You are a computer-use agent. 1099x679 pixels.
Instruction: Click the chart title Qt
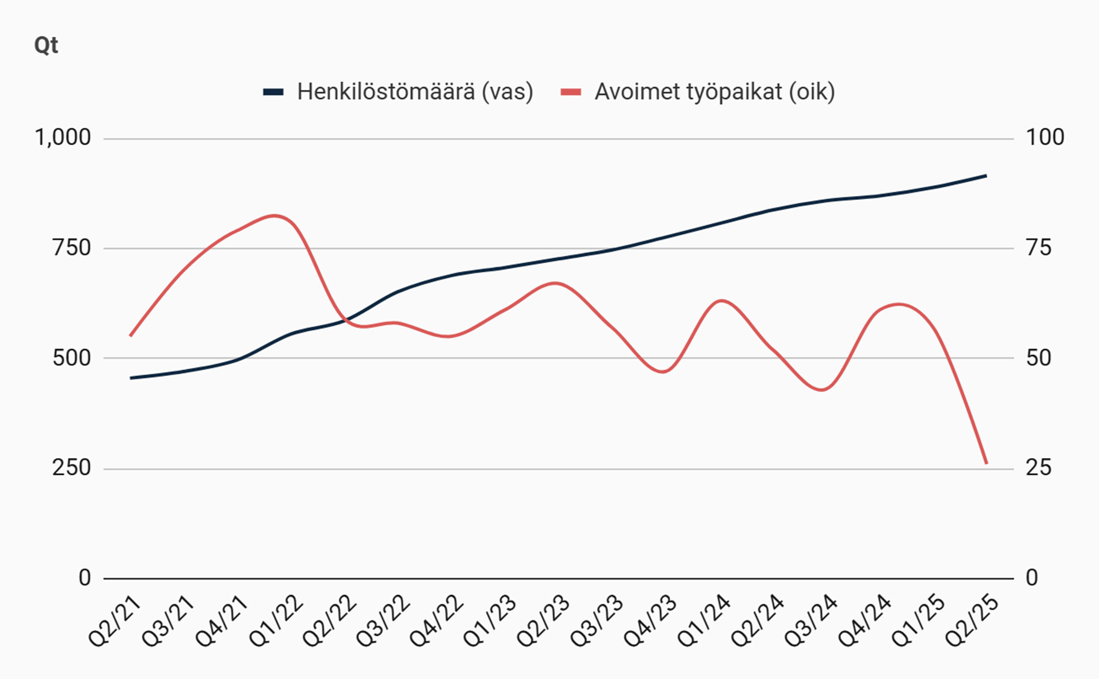click(46, 45)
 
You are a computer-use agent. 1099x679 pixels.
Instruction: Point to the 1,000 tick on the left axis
click(63, 138)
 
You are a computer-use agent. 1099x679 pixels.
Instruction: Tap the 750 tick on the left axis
click(71, 247)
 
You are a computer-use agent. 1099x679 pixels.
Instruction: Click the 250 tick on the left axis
click(71, 468)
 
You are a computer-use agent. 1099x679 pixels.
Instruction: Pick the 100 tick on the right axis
click(1045, 138)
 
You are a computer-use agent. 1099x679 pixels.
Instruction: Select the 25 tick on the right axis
click(1038, 468)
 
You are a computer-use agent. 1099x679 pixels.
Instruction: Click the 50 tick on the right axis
click(1038, 358)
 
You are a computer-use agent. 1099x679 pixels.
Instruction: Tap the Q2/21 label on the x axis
click(115, 622)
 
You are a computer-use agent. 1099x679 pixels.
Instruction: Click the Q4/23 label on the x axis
click(650, 622)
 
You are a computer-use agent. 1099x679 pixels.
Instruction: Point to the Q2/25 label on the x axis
click(971, 622)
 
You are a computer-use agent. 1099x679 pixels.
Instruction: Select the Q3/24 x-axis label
click(810, 622)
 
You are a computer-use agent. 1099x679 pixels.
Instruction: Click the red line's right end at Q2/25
click(986, 463)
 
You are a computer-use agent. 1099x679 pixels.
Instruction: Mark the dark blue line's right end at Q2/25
click(986, 176)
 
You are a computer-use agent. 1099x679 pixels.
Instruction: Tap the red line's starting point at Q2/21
click(131, 336)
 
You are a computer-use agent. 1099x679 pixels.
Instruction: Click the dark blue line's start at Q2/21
click(131, 378)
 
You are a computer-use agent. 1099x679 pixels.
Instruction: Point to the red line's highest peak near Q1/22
click(275, 215)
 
